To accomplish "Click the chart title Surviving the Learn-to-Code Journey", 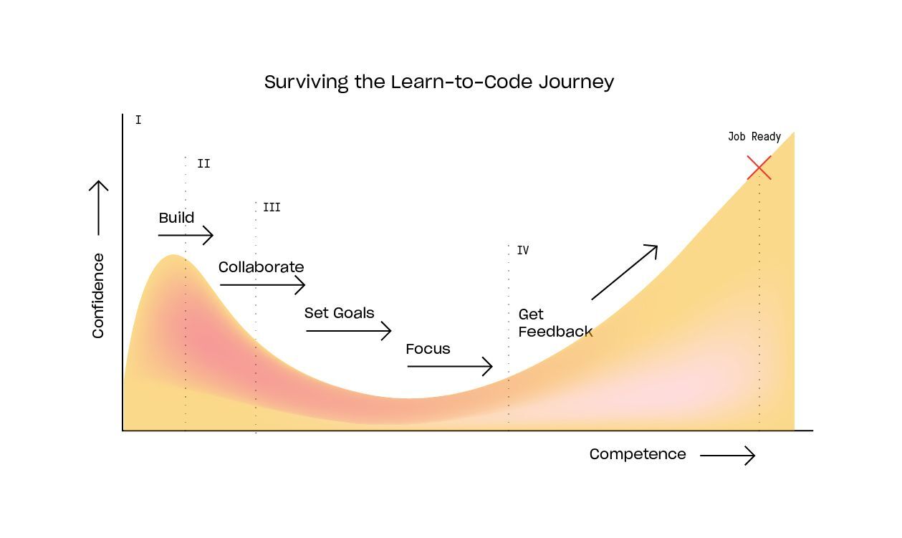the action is point(438,82).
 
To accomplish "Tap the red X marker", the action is point(759,168).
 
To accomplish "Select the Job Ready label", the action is point(754,137).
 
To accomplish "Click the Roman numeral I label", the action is point(138,120).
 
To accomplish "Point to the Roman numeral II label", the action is point(203,164).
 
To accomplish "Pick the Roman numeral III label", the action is point(272,208).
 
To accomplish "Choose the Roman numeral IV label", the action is point(523,251).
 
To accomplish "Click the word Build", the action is point(176,218).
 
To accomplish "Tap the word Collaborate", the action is point(261,267).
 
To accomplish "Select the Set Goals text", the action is point(339,313).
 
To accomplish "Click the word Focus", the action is point(428,350).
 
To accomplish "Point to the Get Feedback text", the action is point(555,323).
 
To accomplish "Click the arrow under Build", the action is point(186,235).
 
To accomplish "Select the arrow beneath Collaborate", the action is point(262,285).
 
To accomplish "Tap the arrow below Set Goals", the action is point(348,331).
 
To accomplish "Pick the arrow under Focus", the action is point(450,367).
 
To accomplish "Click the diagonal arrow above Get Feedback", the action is point(624,272).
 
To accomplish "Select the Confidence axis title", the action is point(98,295).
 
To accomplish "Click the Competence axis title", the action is point(638,454).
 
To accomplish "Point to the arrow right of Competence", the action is point(727,456).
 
